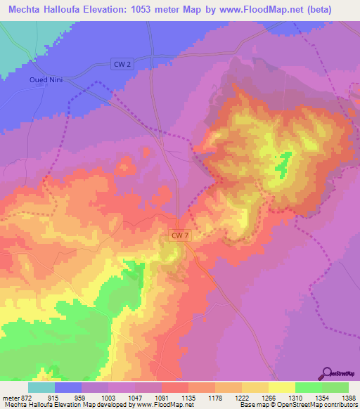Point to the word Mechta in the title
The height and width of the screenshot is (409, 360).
point(29,10)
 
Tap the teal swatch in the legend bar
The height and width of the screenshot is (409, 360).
point(41,388)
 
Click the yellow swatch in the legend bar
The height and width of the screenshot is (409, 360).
point(282,388)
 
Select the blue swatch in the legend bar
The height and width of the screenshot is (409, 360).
point(68,388)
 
